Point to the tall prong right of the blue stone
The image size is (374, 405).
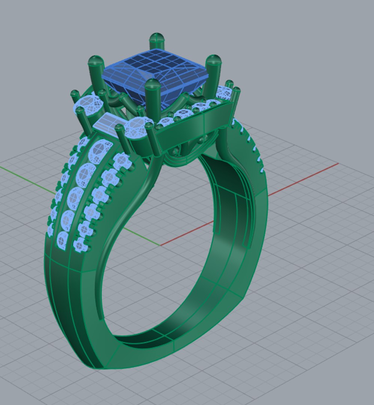tap(213, 75)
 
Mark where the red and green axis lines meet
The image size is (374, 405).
tap(160, 246)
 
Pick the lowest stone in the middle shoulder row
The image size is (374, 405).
tap(63, 240)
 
